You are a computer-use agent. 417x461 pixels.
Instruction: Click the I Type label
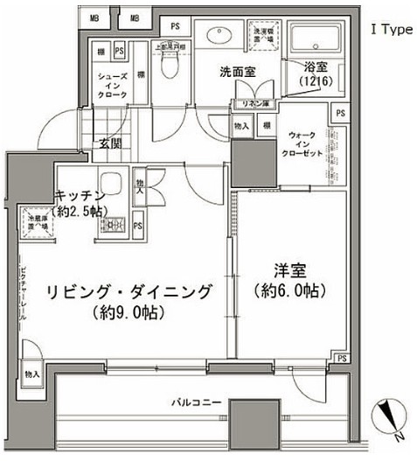[x=391, y=30]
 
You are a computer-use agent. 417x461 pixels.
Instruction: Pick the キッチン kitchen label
[x=80, y=194]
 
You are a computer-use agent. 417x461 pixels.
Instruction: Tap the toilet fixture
[x=170, y=62]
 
